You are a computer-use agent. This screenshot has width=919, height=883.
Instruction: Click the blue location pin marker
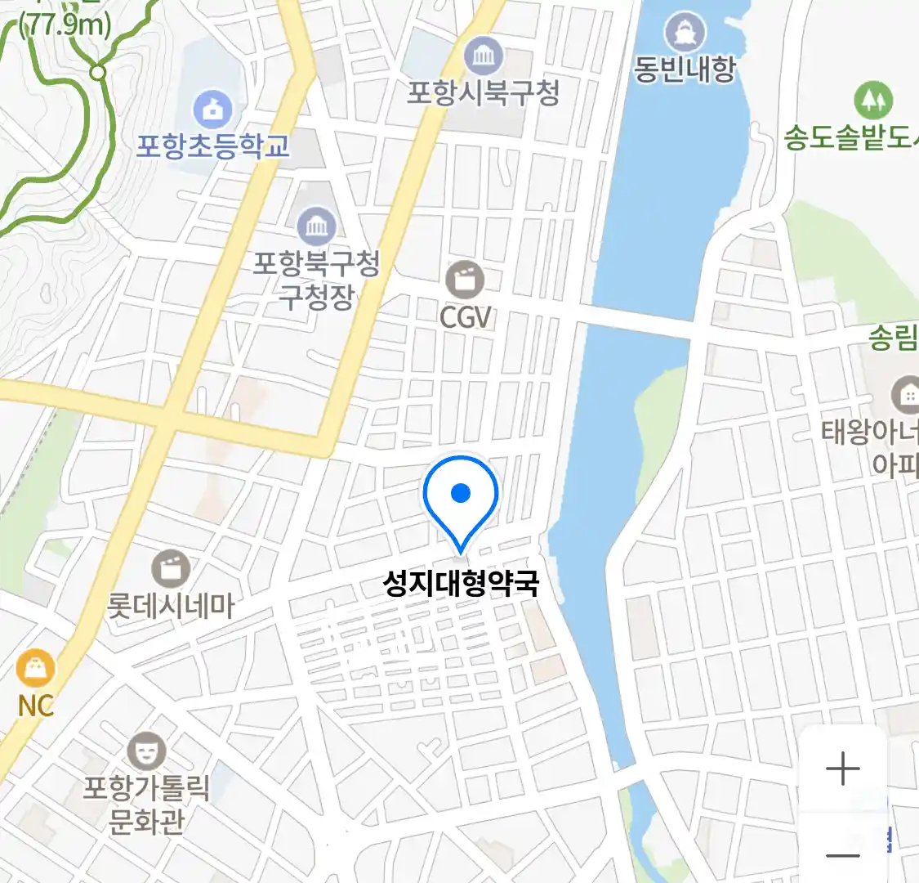click(461, 495)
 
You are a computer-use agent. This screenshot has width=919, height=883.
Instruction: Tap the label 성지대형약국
click(461, 584)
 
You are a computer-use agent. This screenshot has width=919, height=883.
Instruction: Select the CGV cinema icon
click(465, 280)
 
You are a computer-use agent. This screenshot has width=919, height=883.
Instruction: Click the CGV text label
click(466, 317)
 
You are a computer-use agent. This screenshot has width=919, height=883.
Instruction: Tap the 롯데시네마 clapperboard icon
click(171, 568)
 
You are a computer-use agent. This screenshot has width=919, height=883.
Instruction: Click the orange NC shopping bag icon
click(35, 669)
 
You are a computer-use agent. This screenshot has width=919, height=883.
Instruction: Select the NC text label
click(35, 706)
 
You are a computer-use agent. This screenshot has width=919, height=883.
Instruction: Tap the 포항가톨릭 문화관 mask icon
click(146, 751)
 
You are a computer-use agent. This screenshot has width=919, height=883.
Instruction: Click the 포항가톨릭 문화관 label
click(146, 805)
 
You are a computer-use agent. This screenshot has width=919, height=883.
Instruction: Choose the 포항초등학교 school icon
click(212, 110)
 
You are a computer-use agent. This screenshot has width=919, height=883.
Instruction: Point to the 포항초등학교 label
click(212, 146)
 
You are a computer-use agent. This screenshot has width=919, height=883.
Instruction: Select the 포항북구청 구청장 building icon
click(315, 226)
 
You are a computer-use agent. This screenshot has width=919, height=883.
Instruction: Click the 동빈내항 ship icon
click(685, 32)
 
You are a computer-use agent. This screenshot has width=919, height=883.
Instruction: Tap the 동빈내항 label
click(685, 69)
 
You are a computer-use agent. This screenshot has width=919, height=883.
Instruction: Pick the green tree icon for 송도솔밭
click(872, 100)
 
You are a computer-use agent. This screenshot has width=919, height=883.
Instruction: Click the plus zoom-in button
click(842, 769)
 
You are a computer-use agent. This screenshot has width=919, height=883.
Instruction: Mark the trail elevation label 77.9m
click(65, 25)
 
